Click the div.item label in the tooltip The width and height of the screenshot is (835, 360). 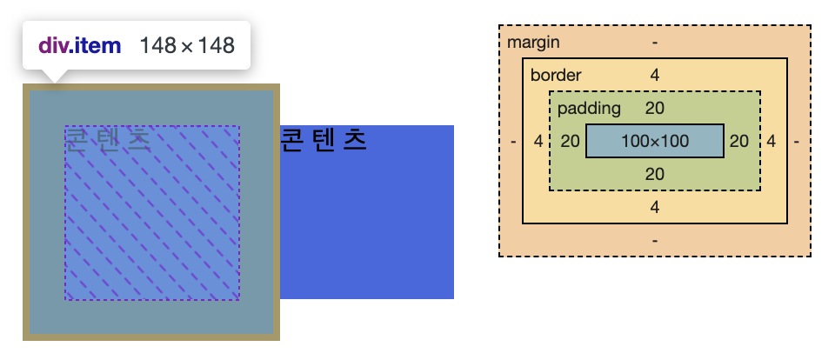(79, 45)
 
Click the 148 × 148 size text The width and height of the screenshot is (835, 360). (187, 45)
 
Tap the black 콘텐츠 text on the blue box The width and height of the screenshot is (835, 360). (324, 139)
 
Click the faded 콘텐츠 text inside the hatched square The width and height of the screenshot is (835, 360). (108, 139)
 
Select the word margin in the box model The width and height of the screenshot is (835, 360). (533, 42)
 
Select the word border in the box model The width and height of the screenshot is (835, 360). (556, 75)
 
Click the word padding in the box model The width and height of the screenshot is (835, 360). (589, 108)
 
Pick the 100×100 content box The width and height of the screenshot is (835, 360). (655, 141)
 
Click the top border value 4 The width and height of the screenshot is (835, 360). (655, 75)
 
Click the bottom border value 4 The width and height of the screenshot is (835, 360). (655, 207)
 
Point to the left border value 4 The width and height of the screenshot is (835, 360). (538, 141)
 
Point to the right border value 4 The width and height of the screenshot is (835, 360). (772, 141)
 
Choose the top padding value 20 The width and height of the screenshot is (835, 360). (655, 108)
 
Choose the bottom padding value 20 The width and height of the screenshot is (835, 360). (655, 174)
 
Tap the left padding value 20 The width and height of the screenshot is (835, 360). (570, 141)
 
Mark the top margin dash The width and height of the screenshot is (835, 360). (655, 42)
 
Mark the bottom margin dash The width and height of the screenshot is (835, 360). (655, 240)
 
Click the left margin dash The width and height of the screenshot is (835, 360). (514, 141)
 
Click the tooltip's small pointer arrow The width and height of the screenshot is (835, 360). (54, 77)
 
